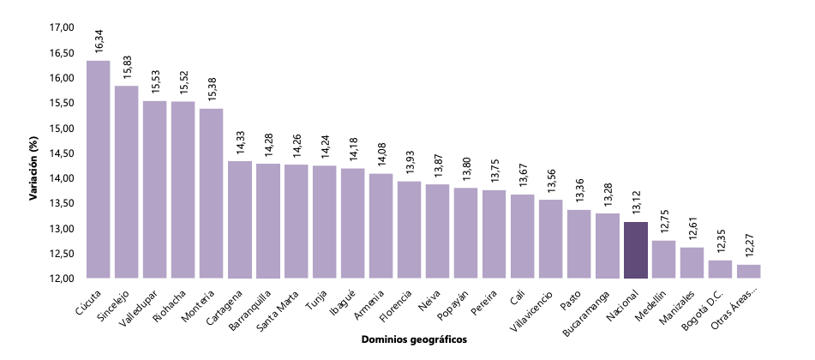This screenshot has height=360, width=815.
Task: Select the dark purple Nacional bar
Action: point(635,249)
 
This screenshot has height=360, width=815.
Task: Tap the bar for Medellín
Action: point(663,259)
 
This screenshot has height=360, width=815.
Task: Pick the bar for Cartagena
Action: point(240,219)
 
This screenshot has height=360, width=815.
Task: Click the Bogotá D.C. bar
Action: point(720,269)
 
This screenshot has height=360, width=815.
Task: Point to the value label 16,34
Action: point(99,40)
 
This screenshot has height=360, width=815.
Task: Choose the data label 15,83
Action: point(127,66)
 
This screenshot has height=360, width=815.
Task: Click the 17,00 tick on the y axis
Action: point(63,27)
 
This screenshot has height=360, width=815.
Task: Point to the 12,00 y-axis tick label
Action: point(63,279)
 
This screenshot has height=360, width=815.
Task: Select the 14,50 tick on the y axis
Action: point(63,153)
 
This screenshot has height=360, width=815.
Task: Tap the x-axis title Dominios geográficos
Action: point(413,339)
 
